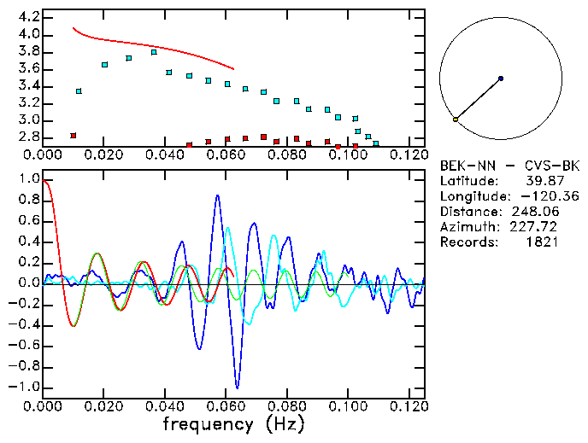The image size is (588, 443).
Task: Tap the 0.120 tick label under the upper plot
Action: [409, 154]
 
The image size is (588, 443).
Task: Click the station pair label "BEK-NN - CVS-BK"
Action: [509, 165]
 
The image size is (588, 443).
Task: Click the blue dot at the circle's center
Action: [501, 79]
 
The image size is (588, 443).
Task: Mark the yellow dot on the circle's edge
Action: [456, 119]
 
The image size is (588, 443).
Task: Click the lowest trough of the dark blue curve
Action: [238, 388]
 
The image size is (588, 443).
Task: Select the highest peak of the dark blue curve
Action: [218, 195]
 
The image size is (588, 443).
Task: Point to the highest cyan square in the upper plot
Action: [154, 52]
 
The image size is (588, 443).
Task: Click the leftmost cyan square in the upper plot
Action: [79, 90]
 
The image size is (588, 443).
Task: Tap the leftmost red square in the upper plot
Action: [73, 135]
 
